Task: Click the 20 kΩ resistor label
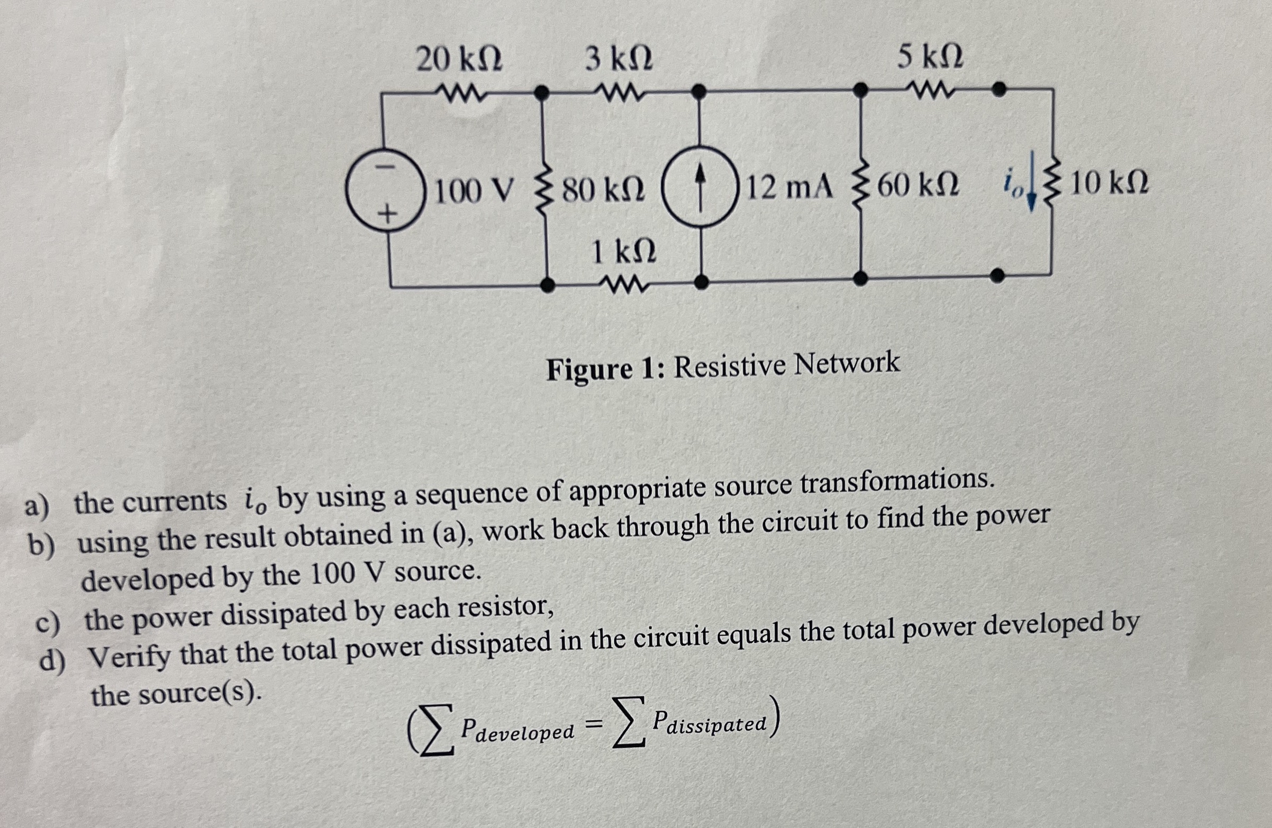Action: click(x=459, y=59)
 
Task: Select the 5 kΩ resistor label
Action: click(x=930, y=56)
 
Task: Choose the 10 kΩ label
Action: click(x=1109, y=185)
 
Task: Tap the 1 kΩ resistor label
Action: click(x=623, y=251)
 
